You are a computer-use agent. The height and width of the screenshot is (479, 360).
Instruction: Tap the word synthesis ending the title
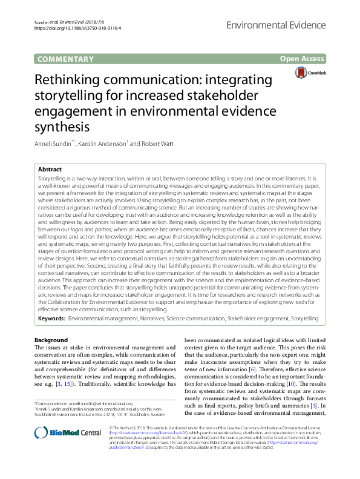(62, 127)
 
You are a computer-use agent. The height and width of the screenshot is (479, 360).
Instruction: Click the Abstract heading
(50, 171)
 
